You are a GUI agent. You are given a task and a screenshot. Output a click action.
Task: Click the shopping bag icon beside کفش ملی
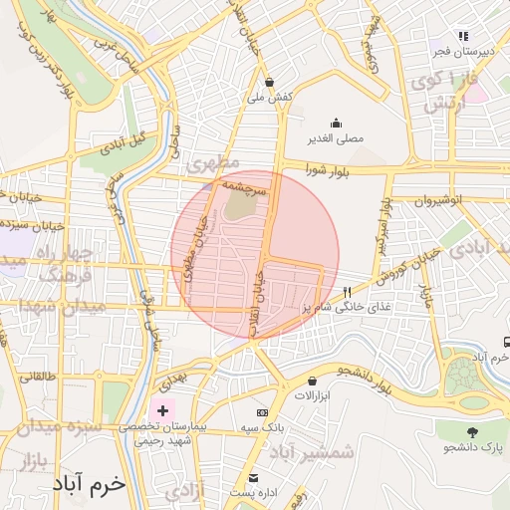coord(270,82)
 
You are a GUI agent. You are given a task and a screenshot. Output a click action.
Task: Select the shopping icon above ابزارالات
coord(313,381)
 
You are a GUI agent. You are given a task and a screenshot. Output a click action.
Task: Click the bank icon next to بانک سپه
coord(262,412)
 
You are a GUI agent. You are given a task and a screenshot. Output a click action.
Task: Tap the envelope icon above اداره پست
coord(253,477)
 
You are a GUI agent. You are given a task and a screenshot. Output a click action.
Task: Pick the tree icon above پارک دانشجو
coord(471,432)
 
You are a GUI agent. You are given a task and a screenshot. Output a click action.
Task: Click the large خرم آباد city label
coord(92,483)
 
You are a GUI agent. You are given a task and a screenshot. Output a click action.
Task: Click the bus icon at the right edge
coord(506,341)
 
